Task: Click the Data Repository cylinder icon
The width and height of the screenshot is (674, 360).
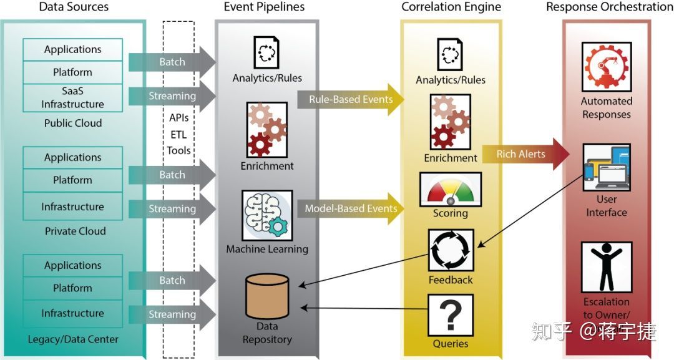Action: [x=267, y=296]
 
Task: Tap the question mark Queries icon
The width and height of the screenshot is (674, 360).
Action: [x=451, y=315]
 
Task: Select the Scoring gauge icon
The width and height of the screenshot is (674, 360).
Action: [x=451, y=188]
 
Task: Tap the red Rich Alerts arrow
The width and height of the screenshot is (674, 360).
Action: [x=524, y=154]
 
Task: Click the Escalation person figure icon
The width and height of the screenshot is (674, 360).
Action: [x=606, y=267]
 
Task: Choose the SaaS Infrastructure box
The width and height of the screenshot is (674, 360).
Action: [x=72, y=98]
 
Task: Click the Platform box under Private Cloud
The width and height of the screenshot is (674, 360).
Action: [x=72, y=180]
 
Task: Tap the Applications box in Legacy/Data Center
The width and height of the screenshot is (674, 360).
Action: [x=72, y=265]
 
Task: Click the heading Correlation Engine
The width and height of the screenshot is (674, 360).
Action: [x=451, y=7]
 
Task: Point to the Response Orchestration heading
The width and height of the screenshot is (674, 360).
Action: [x=609, y=7]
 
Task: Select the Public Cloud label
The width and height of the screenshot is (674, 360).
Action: [x=72, y=123]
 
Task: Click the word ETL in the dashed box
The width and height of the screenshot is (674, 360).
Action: [x=178, y=134]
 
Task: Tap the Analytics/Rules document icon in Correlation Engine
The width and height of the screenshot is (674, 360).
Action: [x=451, y=54]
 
